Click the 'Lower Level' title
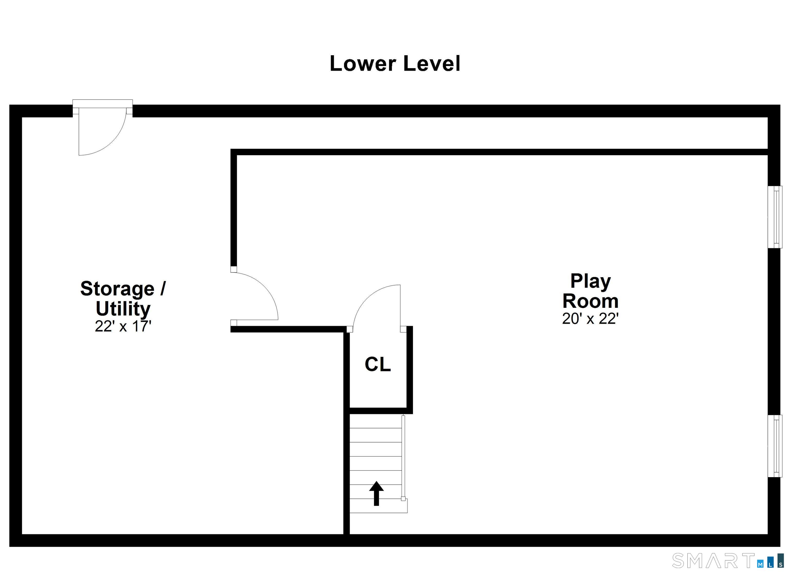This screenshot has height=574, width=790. click(395, 64)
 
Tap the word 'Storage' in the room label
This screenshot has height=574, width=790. click(117, 289)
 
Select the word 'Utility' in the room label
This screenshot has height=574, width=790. click(123, 308)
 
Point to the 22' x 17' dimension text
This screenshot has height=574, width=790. click(123, 327)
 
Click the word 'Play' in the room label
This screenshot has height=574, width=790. click(590, 281)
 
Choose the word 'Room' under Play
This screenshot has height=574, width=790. click(590, 301)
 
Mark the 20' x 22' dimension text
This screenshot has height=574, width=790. click(590, 319)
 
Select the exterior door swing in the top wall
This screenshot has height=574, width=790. click(101, 132)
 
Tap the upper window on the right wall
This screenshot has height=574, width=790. click(775, 217)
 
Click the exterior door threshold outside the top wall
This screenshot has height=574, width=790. click(102, 103)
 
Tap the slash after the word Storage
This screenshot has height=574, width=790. click(163, 289)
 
